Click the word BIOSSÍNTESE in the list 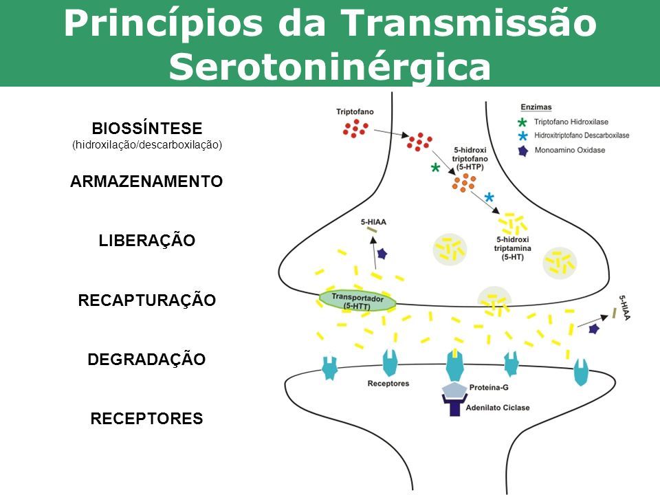tap(147, 129)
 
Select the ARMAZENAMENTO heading tap(146, 181)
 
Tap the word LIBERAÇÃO tap(147, 241)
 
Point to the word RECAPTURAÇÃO tap(147, 300)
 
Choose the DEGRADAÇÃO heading tap(147, 360)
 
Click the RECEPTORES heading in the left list tap(147, 419)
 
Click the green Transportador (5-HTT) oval tap(357, 300)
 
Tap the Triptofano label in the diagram tap(355, 111)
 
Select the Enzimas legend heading tap(536, 107)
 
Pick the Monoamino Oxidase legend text tap(569, 150)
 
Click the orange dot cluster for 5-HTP tap(464, 182)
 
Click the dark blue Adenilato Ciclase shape tap(454, 406)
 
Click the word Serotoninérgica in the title tap(330, 67)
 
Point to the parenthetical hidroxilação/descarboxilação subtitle tap(147, 145)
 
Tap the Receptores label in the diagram tap(388, 383)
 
